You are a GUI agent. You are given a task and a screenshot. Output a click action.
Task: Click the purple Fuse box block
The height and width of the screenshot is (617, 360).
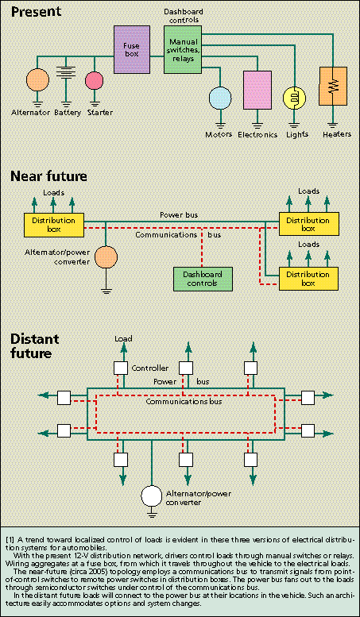coord(132,49)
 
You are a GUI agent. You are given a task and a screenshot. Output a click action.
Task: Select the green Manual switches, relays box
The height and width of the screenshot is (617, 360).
coord(182,49)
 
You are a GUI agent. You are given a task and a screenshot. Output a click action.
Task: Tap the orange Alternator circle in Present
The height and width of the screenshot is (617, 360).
coord(37,80)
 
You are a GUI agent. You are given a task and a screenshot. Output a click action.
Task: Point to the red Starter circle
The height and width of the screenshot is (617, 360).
coord(94,80)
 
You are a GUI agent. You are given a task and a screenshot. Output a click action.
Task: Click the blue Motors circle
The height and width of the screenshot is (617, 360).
coord(220,98)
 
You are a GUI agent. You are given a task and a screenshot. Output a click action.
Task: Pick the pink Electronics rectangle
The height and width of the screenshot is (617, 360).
coord(257,90)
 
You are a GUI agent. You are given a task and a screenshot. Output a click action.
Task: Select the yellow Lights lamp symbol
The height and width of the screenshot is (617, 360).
coord(295,98)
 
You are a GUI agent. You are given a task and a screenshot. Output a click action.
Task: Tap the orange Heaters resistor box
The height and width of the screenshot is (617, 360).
coord(333,86)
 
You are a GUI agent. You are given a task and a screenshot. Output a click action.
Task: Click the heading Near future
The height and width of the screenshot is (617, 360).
coord(48,176)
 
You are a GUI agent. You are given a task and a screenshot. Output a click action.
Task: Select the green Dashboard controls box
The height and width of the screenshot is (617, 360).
coord(203,279)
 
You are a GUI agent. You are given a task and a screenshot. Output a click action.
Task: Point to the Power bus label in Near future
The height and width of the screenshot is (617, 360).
coord(179,215)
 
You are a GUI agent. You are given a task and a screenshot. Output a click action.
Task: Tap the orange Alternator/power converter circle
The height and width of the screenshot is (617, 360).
coord(106,258)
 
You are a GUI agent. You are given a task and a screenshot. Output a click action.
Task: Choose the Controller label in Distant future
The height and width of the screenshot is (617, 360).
coord(149,368)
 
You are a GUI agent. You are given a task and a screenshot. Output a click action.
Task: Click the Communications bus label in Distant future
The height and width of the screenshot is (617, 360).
coord(184,402)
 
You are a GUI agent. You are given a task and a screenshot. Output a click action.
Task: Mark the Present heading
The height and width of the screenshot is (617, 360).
coord(36,11)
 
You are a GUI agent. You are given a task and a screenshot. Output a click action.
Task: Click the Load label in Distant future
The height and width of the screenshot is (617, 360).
coord(123,338)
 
